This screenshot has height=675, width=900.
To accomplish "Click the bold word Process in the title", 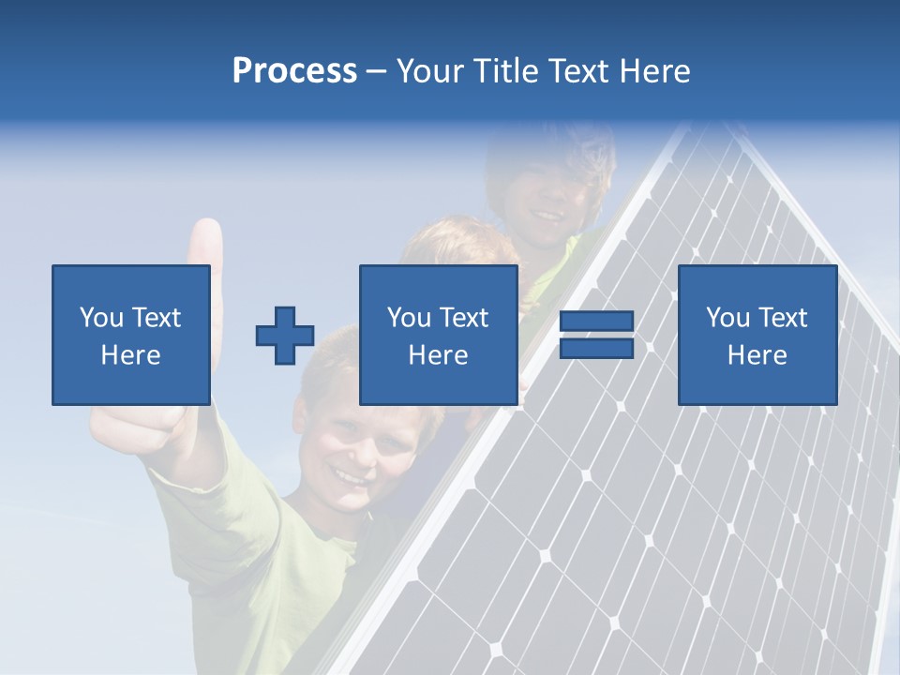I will click(x=294, y=71).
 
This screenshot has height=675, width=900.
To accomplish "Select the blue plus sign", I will click(x=285, y=336).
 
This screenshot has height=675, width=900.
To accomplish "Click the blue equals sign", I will click(x=597, y=335).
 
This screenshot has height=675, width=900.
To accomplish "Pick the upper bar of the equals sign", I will click(x=597, y=322).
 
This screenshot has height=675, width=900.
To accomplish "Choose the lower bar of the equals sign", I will click(x=597, y=348).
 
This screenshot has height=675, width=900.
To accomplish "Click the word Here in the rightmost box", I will click(x=757, y=355).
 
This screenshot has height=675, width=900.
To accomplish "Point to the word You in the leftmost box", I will click(x=101, y=318).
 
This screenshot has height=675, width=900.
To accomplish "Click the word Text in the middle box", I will click(x=463, y=318).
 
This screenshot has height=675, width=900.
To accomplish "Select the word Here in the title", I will click(x=654, y=71).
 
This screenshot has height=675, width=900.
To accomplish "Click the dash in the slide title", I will click(x=376, y=71).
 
